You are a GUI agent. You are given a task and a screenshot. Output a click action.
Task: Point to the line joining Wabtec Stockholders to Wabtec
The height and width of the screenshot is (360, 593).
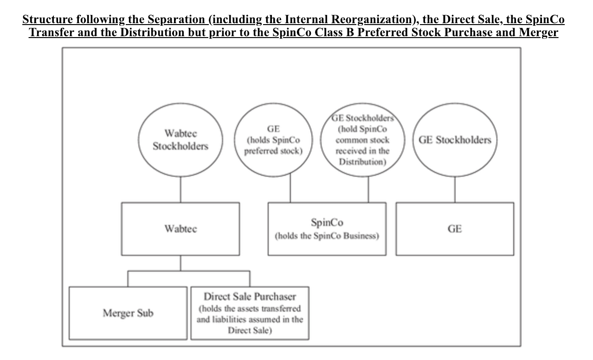[180, 190]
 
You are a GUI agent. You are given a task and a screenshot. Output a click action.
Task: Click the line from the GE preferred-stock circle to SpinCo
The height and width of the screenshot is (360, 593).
[290, 188]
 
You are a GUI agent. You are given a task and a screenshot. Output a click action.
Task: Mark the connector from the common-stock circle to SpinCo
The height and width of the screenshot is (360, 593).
[368, 190]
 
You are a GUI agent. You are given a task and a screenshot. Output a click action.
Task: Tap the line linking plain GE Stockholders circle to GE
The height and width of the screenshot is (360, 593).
[455, 190]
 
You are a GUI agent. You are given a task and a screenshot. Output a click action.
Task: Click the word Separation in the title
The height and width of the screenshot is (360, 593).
[176, 19]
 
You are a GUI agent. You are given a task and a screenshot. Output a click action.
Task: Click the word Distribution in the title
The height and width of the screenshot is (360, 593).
[152, 32]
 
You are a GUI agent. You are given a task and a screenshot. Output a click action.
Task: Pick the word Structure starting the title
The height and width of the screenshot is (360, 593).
[48, 19]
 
